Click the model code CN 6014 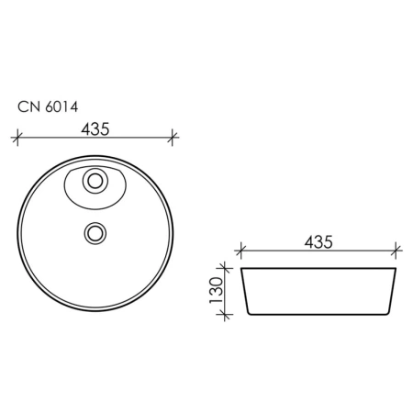48,106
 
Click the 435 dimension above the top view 95,129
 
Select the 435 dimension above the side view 318,242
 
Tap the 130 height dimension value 217,290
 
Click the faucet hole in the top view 95,181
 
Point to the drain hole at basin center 95,233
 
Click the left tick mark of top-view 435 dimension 17,138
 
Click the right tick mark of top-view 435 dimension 173,138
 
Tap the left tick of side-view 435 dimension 241,251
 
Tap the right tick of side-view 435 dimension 396,251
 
